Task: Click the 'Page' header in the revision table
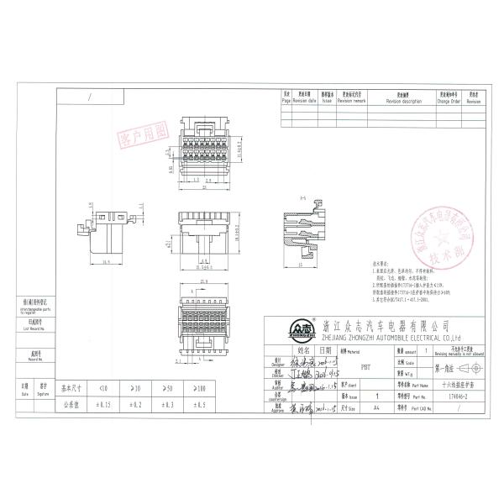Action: click(286, 100)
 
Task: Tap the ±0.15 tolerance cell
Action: click(103, 404)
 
